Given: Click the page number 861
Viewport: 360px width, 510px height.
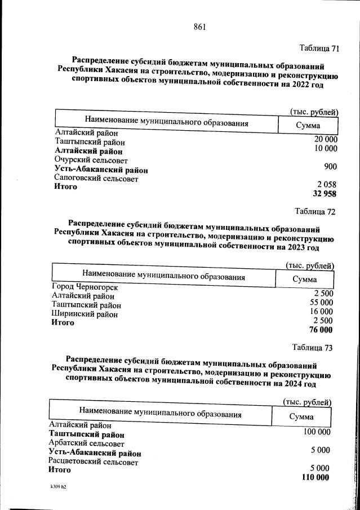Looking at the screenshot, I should [200, 27].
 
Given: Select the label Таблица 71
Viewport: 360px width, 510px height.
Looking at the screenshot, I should [319, 48].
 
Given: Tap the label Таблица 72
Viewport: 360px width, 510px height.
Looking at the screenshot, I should [315, 212].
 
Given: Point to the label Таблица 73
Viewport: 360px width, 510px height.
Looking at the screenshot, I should [313, 347].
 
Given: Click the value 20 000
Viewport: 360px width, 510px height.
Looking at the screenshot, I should [326, 140].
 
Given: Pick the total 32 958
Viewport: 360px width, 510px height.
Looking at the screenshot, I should [324, 194].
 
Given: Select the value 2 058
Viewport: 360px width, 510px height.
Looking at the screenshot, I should [326, 185].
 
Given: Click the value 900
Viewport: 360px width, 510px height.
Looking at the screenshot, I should [330, 167].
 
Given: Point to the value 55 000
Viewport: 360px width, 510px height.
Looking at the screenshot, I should [321, 303].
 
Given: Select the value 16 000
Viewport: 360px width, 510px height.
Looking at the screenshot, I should [321, 312].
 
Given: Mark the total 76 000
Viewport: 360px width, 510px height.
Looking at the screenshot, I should [321, 330].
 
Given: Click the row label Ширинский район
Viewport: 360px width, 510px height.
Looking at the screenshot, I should [85, 314].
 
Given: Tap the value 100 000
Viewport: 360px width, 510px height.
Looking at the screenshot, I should [317, 432].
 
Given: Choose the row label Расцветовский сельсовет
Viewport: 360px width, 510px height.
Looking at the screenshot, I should [93, 462].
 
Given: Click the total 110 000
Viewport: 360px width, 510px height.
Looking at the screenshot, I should [315, 478].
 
